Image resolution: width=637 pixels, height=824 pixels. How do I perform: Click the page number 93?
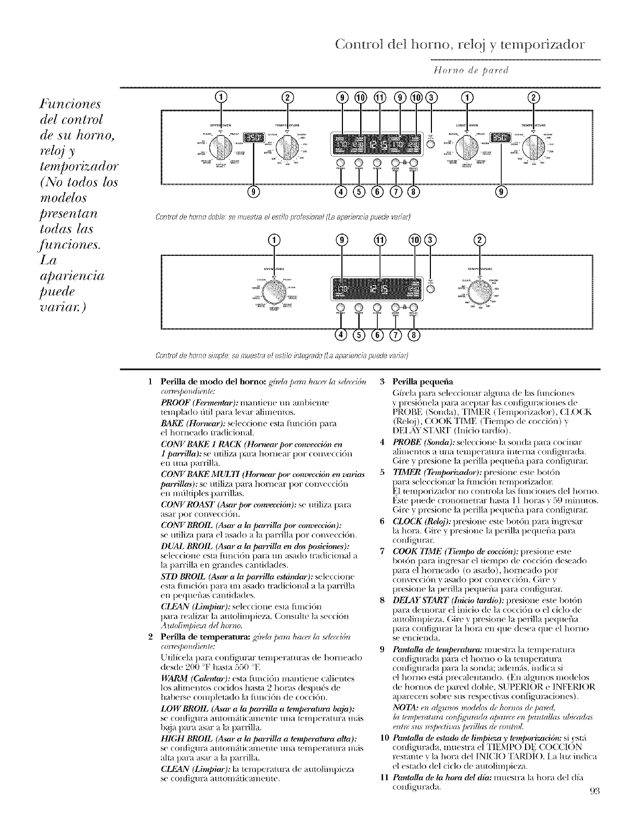click(x=595, y=807)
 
